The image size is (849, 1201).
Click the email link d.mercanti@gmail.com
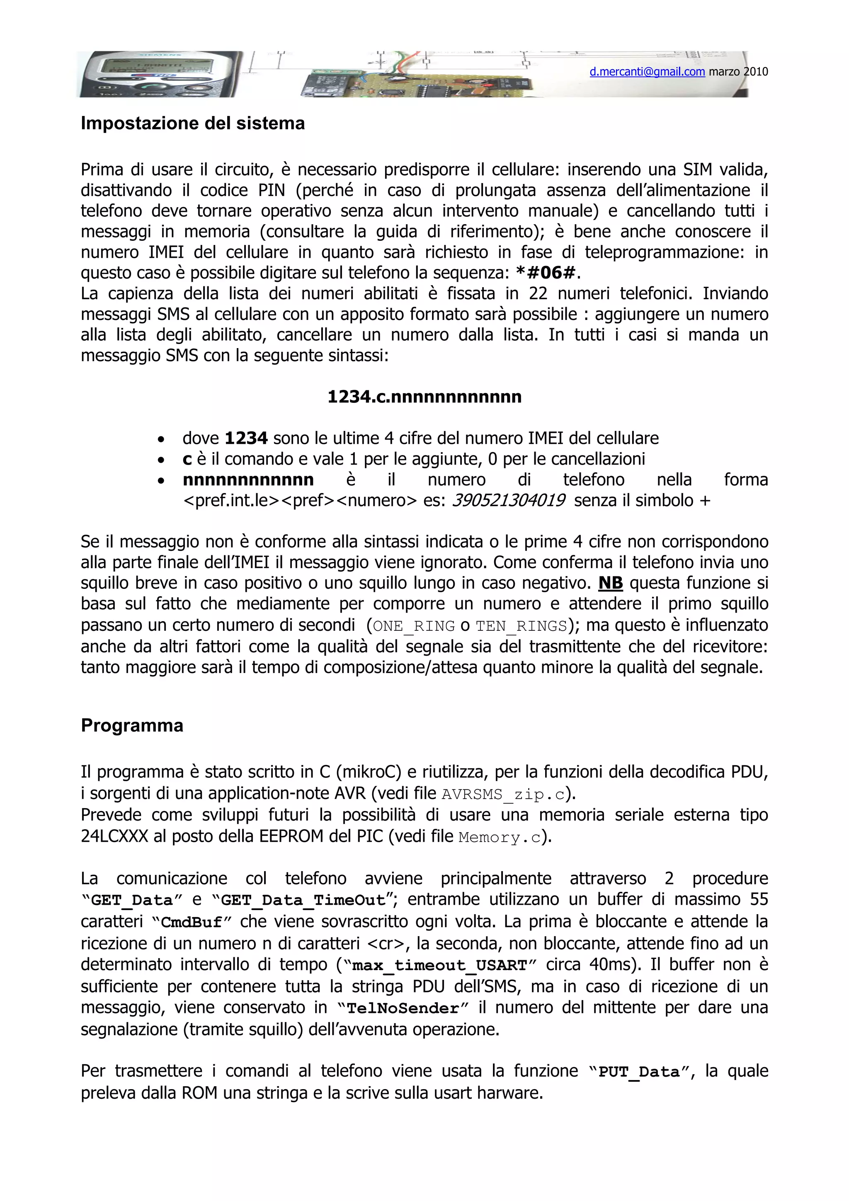[647, 72]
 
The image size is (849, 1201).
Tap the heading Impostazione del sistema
[192, 123]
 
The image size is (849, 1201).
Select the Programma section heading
[132, 726]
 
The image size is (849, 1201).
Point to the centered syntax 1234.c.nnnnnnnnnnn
[424, 397]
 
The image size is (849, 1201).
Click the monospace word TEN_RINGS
[521, 626]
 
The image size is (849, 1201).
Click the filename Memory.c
[500, 837]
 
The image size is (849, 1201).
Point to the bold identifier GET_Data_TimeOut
[303, 900]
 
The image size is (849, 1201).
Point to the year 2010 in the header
[755, 72]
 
